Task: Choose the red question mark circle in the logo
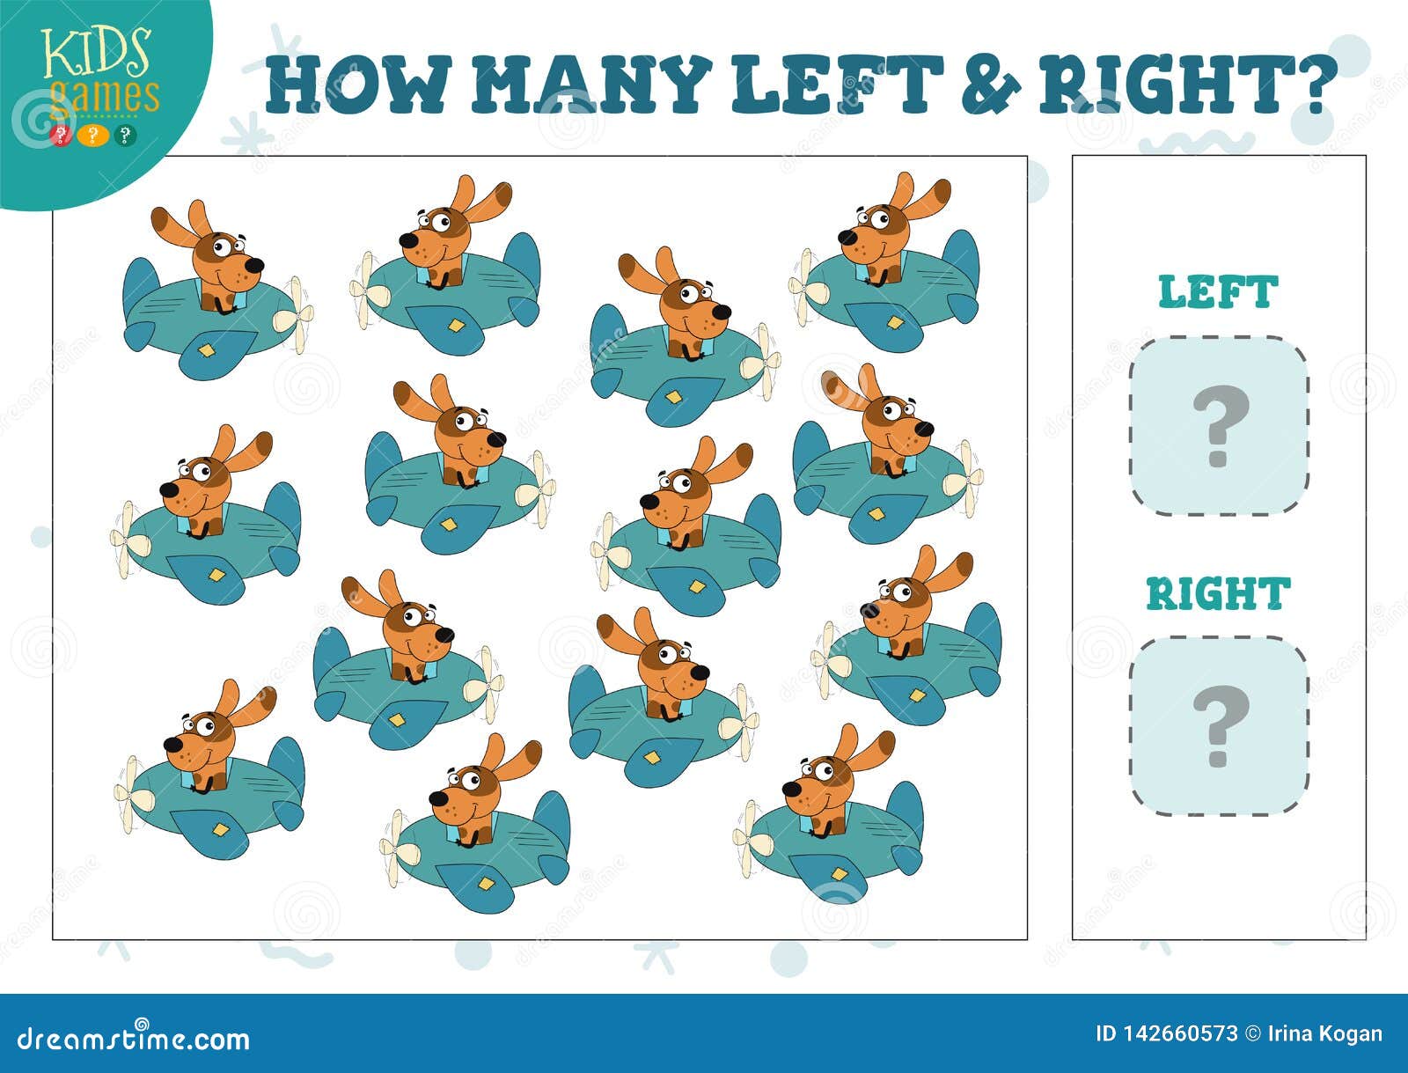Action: [x=61, y=136]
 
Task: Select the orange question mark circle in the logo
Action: [x=93, y=136]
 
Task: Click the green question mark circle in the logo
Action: [x=125, y=136]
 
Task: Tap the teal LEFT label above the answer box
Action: [x=1218, y=292]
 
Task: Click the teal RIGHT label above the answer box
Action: [x=1218, y=593]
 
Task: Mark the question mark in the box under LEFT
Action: [x=1221, y=427]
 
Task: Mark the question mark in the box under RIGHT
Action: [x=1221, y=727]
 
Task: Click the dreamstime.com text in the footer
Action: [x=133, y=1039]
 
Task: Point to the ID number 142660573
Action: [x=1167, y=1033]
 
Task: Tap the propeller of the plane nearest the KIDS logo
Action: [x=295, y=315]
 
